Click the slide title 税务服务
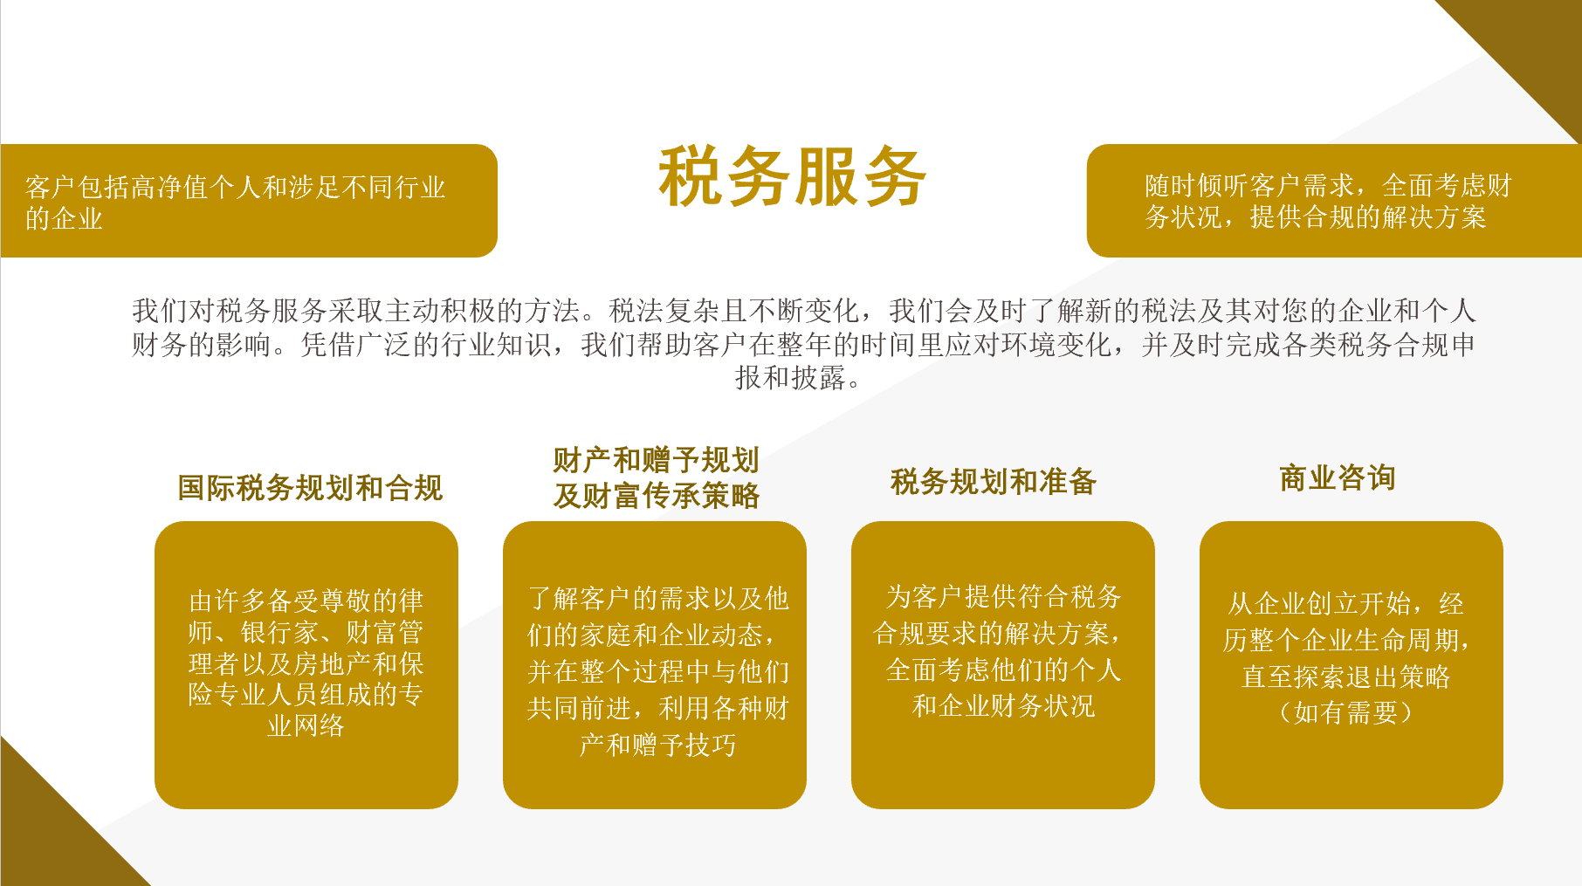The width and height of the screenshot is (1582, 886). [792, 177]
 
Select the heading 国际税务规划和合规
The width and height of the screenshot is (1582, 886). [311, 488]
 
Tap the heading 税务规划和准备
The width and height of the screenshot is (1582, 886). [994, 482]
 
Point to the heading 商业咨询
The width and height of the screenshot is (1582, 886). [1338, 478]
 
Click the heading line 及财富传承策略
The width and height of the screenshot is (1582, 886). [657, 496]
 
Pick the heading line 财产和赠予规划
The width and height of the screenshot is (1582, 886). [657, 460]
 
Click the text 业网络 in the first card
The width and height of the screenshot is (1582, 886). [306, 725]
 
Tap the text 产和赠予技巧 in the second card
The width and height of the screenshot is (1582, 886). [658, 745]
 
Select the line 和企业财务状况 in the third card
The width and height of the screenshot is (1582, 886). [1003, 705]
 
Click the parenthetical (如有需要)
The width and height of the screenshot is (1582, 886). [1346, 712]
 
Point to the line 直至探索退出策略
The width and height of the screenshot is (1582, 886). [1346, 677]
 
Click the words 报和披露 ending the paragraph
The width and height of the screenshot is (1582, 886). [791, 377]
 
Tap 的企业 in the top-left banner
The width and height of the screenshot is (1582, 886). [64, 218]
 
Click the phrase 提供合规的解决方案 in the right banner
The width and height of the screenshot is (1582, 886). [1368, 216]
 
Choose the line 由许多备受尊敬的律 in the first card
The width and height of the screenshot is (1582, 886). [306, 601]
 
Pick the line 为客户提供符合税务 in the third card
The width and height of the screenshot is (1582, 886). [1003, 596]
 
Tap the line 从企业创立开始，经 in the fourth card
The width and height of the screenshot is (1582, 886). [1346, 603]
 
